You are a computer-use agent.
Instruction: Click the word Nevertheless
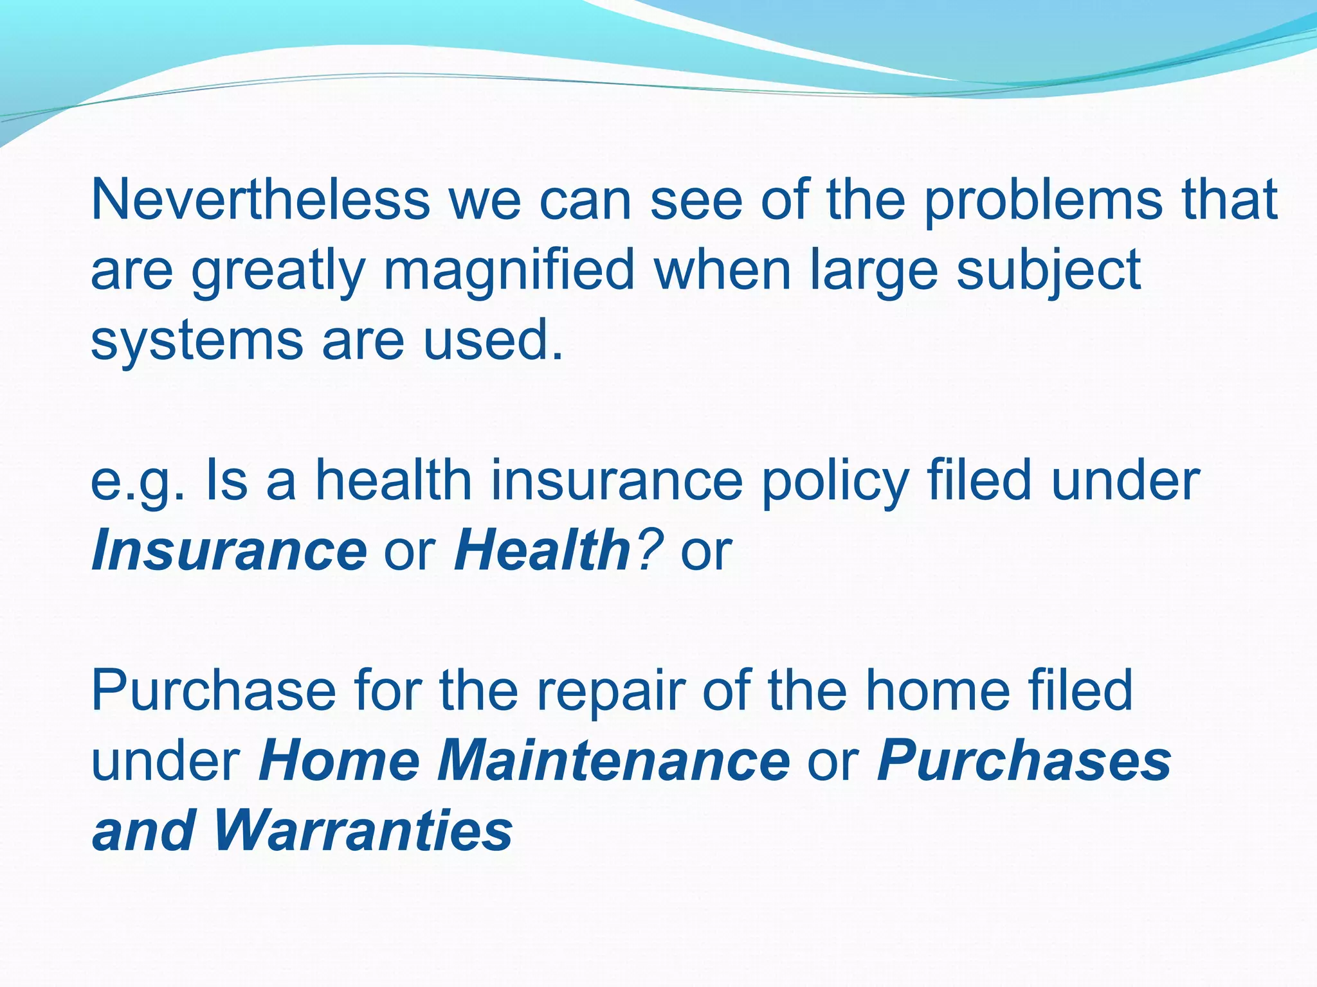tap(260, 199)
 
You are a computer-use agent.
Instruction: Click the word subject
tap(1048, 271)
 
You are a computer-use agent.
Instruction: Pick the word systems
tap(197, 341)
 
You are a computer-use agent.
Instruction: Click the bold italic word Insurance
tap(229, 551)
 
